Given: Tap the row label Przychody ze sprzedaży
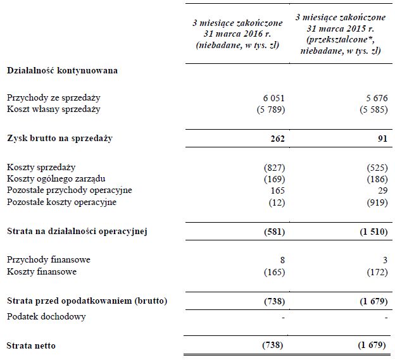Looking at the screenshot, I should [x=53, y=98].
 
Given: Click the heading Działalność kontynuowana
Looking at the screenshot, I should [x=62, y=71].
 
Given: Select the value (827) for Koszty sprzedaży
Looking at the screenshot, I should [x=273, y=168].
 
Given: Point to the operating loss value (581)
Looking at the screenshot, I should [x=273, y=231].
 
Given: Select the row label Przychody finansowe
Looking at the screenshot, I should [x=48, y=260].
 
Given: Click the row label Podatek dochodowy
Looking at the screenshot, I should [x=46, y=316].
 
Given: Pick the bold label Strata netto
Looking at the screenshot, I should [x=31, y=345].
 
